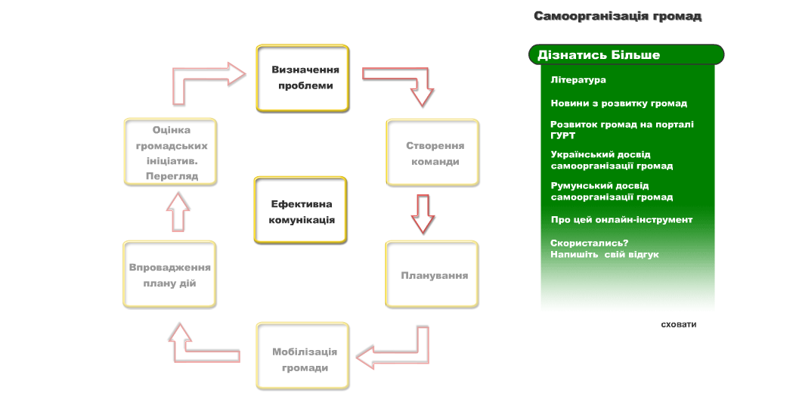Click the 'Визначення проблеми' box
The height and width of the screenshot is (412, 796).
302,78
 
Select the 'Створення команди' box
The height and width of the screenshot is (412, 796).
432,153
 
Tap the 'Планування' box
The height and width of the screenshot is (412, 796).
432,274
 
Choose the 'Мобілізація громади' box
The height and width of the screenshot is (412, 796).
303,356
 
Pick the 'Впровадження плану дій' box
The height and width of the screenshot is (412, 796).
169,274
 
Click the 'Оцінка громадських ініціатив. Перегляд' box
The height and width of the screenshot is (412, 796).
170,152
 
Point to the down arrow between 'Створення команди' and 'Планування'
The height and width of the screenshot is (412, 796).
423,214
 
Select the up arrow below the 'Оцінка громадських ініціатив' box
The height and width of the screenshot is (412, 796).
178,212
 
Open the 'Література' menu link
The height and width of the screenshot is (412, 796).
578,80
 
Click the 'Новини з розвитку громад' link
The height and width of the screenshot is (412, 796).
619,104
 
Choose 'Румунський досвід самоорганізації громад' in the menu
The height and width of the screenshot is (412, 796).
612,191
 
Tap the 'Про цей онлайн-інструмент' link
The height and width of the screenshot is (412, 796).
621,220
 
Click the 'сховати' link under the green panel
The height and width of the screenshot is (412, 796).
679,324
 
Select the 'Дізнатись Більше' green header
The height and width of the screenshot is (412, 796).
627,54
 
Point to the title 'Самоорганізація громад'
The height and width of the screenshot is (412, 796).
618,16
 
